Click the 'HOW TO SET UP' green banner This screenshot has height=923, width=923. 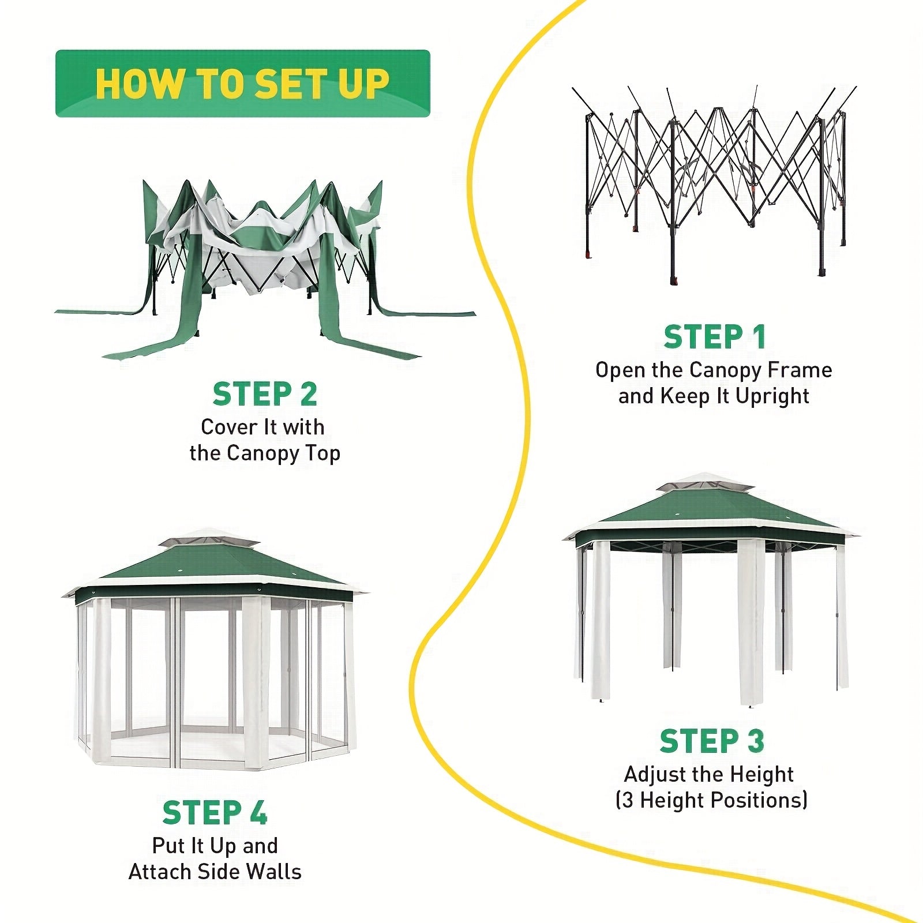click(x=242, y=84)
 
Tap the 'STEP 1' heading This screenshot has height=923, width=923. click(x=714, y=337)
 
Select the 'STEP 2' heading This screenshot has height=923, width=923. click(x=265, y=395)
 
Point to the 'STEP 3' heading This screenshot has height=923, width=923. click(x=712, y=741)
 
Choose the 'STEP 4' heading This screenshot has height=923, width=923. click(x=215, y=813)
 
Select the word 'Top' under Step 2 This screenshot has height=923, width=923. click(x=322, y=454)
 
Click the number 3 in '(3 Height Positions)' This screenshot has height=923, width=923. click(x=628, y=801)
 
